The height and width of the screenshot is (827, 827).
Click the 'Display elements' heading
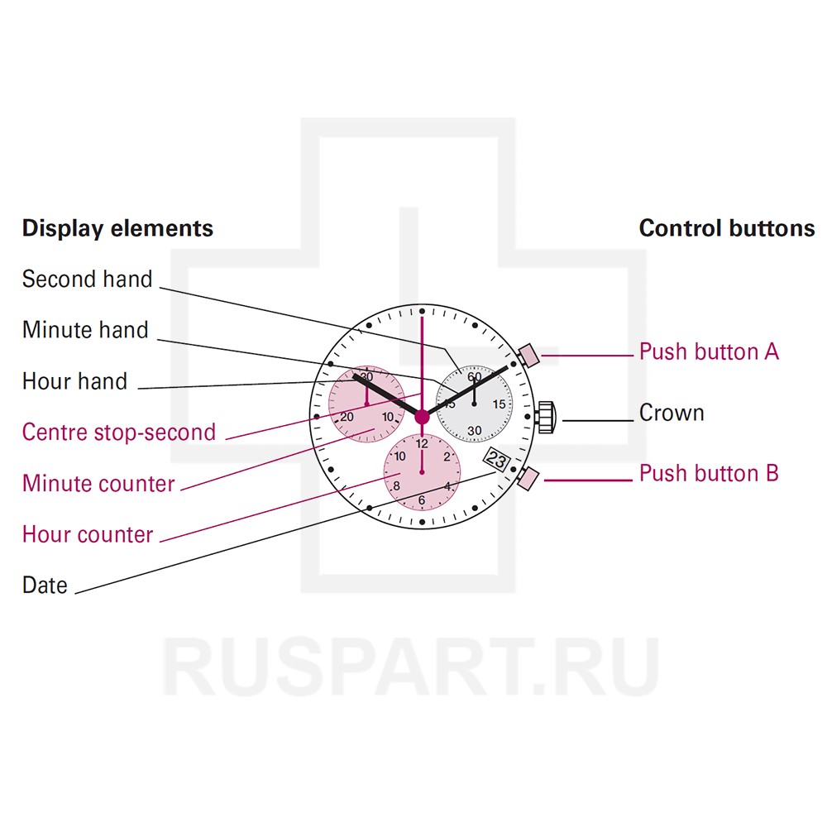click(x=117, y=228)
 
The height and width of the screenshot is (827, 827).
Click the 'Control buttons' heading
click(x=726, y=228)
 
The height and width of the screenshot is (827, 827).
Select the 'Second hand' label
click(x=87, y=280)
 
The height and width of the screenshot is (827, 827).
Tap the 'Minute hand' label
click(x=85, y=330)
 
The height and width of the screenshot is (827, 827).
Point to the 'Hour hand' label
click(x=74, y=381)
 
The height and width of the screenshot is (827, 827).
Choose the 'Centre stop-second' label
click(x=118, y=432)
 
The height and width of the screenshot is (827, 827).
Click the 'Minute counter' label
click(x=98, y=483)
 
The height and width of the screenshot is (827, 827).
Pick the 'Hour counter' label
click(x=88, y=534)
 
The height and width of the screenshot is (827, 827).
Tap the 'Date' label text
click(x=45, y=585)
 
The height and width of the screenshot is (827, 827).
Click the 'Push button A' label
click(x=709, y=351)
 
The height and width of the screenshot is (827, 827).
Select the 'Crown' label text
click(x=672, y=413)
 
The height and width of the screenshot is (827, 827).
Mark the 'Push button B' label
click(x=709, y=473)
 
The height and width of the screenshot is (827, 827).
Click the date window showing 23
click(x=497, y=461)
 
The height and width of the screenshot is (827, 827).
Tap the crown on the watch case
click(x=547, y=418)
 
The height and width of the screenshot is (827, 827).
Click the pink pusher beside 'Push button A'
click(x=528, y=355)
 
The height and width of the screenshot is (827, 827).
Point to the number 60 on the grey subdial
click(x=474, y=376)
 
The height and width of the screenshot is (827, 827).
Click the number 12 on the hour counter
click(x=422, y=444)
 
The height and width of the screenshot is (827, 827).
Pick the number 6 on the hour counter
click(x=422, y=500)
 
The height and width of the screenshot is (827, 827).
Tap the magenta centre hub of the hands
click(x=422, y=418)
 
